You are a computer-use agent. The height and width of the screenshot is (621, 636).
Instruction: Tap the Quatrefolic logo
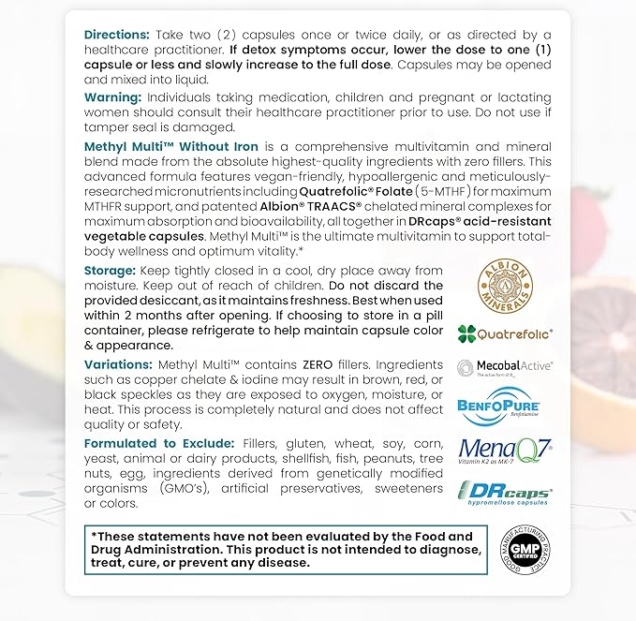point(504,333)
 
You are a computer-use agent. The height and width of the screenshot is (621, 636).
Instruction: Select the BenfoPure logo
point(504,407)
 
